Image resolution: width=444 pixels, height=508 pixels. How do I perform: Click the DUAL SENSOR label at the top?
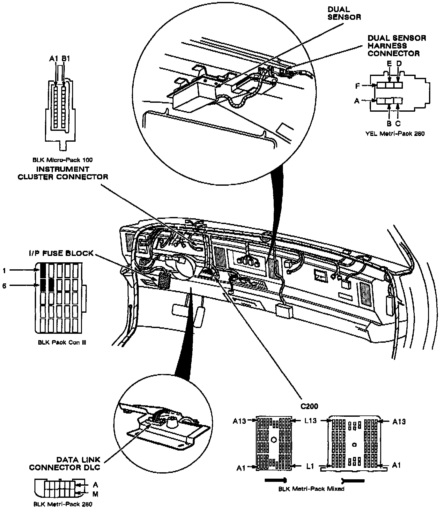coord(344,13)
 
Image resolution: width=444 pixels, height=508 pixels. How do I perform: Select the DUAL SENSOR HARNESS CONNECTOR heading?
coord(397,46)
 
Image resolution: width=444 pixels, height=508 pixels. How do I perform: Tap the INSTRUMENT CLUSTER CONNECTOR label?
coord(63,173)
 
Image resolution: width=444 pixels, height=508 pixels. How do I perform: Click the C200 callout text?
coord(309,406)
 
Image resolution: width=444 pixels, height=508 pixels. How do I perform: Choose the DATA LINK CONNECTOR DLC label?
coord(65,464)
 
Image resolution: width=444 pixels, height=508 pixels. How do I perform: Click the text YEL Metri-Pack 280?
coord(395,134)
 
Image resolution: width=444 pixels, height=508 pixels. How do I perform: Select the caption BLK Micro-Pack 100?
coord(63,160)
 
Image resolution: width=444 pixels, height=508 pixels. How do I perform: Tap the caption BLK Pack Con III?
coord(62,342)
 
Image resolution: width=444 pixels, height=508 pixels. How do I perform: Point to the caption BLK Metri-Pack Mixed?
coord(311,489)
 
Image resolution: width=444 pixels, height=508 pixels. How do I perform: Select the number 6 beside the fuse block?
coord(4,286)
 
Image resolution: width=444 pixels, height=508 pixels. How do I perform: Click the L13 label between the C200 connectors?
coord(310,421)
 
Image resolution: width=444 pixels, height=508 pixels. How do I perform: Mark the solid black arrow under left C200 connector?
coord(276,480)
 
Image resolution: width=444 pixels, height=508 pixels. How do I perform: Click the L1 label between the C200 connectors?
coord(310,467)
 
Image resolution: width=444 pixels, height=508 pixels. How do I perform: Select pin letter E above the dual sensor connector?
coord(389,63)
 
